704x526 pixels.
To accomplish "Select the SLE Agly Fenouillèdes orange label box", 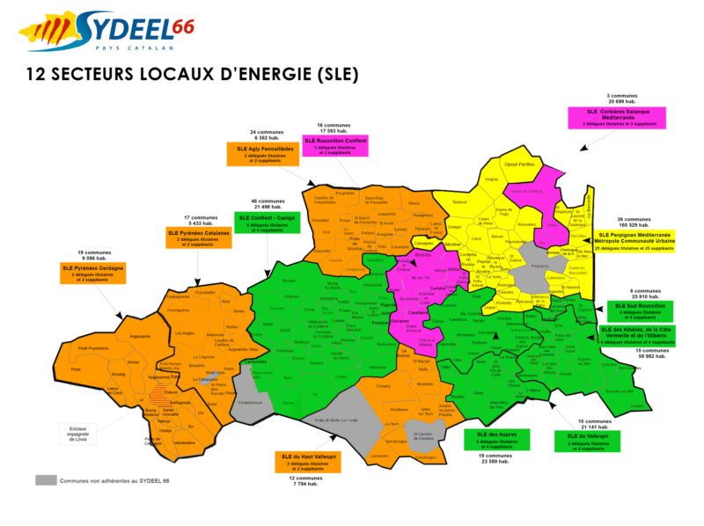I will (262, 155).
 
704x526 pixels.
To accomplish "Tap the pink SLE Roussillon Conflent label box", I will (336, 146).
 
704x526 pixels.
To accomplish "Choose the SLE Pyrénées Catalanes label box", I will (198, 237).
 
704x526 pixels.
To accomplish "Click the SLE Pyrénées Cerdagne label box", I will (92, 272).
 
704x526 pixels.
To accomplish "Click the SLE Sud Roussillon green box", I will (640, 311).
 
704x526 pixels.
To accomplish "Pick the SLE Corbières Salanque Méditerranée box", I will (616, 117).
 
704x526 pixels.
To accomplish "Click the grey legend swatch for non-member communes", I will (46, 481).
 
